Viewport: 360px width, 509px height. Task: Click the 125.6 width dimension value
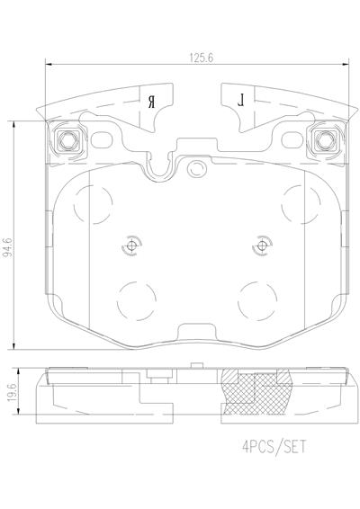tap(202, 58)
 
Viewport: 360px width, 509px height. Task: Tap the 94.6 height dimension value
tap(8, 247)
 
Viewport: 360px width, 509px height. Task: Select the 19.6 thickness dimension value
tap(12, 392)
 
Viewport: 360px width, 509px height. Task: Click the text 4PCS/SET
tap(274, 447)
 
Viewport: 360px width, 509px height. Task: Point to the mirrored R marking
tap(151, 102)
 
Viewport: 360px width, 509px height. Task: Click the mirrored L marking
tap(241, 101)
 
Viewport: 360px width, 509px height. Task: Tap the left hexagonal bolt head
tap(67, 140)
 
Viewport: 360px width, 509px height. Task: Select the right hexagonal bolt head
tap(325, 140)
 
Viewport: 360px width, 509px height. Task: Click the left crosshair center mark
tap(131, 246)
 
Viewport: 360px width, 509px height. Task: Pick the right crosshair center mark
tap(262, 246)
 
